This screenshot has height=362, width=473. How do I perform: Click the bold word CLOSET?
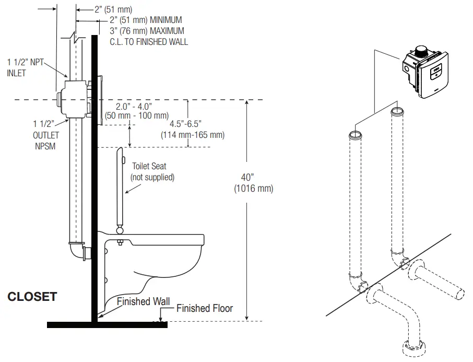(32, 297)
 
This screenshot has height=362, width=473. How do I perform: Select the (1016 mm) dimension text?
(253, 189)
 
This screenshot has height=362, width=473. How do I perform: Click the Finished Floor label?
(205, 308)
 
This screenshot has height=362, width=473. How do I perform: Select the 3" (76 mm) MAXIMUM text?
(147, 31)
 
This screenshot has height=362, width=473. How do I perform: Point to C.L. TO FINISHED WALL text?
(149, 42)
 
